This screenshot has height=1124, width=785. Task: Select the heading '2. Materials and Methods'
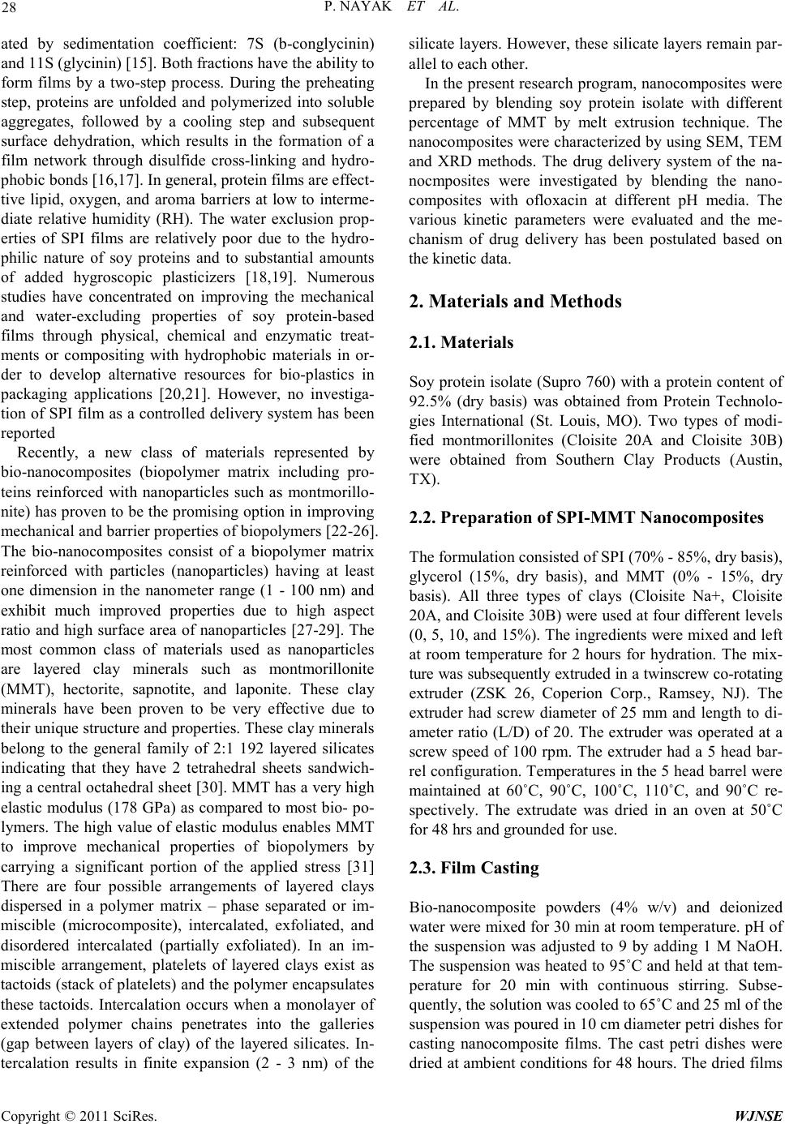coord(517,302)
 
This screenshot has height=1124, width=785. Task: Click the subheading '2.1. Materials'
coord(462,342)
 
